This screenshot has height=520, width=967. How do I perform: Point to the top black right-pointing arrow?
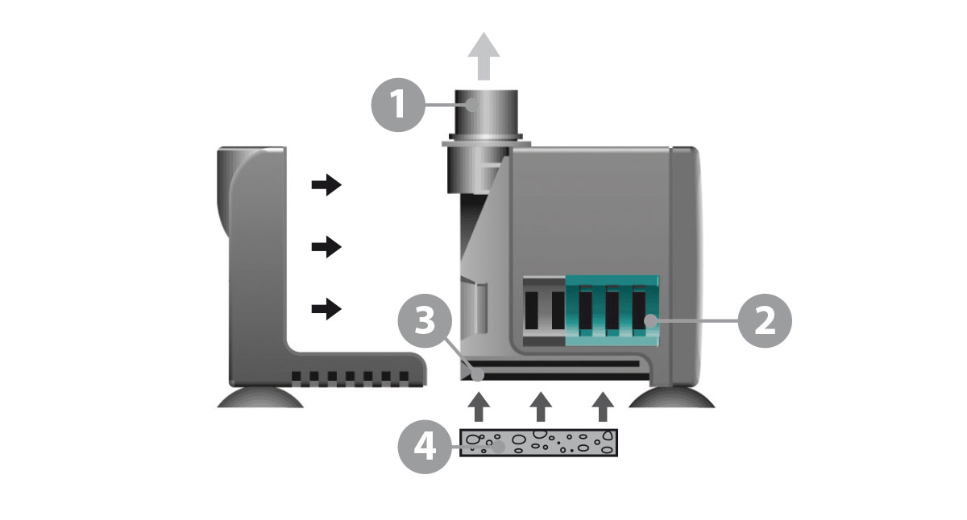click(326, 186)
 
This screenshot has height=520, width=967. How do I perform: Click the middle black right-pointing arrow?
click(326, 247)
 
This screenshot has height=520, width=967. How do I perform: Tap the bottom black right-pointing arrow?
click(326, 308)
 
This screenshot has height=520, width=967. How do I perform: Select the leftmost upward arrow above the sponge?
click(479, 406)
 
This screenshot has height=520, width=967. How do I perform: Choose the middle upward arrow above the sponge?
click(541, 406)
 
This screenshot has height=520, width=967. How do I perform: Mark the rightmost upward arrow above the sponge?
click(601, 406)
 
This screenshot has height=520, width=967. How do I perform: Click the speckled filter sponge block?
click(539, 443)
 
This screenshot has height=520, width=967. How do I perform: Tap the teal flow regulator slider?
click(612, 310)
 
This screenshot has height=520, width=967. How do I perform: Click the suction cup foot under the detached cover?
click(260, 398)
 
